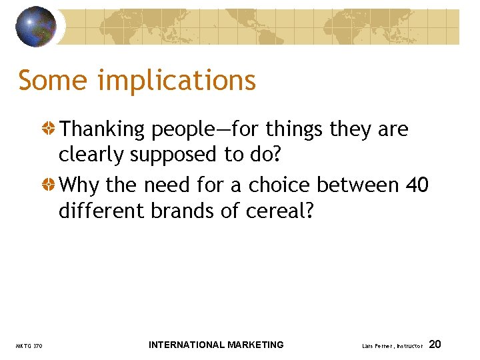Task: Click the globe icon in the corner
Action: click(37, 26)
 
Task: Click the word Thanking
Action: click(103, 129)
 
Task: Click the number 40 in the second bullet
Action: click(417, 184)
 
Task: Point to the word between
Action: click(359, 184)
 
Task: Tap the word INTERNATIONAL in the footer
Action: click(186, 345)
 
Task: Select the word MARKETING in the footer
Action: click(255, 345)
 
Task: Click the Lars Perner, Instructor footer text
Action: click(392, 346)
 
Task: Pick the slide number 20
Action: click(435, 345)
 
